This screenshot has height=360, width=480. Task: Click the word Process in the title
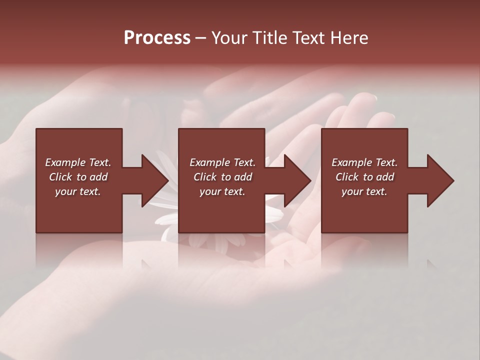[157, 38]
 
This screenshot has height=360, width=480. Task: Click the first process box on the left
[79, 210]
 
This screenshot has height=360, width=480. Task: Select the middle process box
[221, 210]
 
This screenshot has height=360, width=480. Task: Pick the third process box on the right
[364, 210]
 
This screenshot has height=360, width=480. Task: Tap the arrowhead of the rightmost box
[439, 180]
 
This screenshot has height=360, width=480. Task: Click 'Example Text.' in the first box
[78, 162]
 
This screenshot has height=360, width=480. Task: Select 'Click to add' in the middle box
[222, 177]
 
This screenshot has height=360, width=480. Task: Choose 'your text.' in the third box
[364, 191]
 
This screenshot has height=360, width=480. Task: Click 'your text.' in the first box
[78, 191]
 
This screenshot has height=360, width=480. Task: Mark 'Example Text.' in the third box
[364, 162]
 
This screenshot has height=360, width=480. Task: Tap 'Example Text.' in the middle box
[222, 162]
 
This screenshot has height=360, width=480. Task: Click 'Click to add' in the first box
[78, 177]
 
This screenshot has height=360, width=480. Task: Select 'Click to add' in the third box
[364, 177]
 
